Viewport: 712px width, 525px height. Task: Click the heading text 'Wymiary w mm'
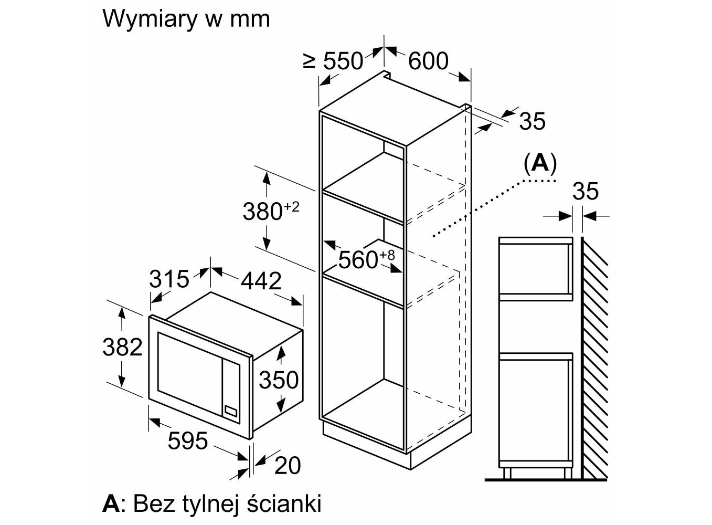[186, 19]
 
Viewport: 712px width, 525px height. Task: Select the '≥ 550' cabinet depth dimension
[334, 61]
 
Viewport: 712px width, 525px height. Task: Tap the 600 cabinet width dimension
[428, 61]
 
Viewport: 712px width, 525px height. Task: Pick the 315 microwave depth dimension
[168, 279]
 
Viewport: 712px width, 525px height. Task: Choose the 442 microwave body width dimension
[261, 281]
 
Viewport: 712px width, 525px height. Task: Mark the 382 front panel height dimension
[122, 347]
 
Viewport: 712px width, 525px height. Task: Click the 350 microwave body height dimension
[279, 379]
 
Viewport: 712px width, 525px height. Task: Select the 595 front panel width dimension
[188, 440]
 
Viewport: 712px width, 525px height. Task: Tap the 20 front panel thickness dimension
[288, 465]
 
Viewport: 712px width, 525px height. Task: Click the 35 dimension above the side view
[585, 191]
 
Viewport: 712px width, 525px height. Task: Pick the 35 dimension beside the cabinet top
[532, 121]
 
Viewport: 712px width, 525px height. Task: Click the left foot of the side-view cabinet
[507, 472]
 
